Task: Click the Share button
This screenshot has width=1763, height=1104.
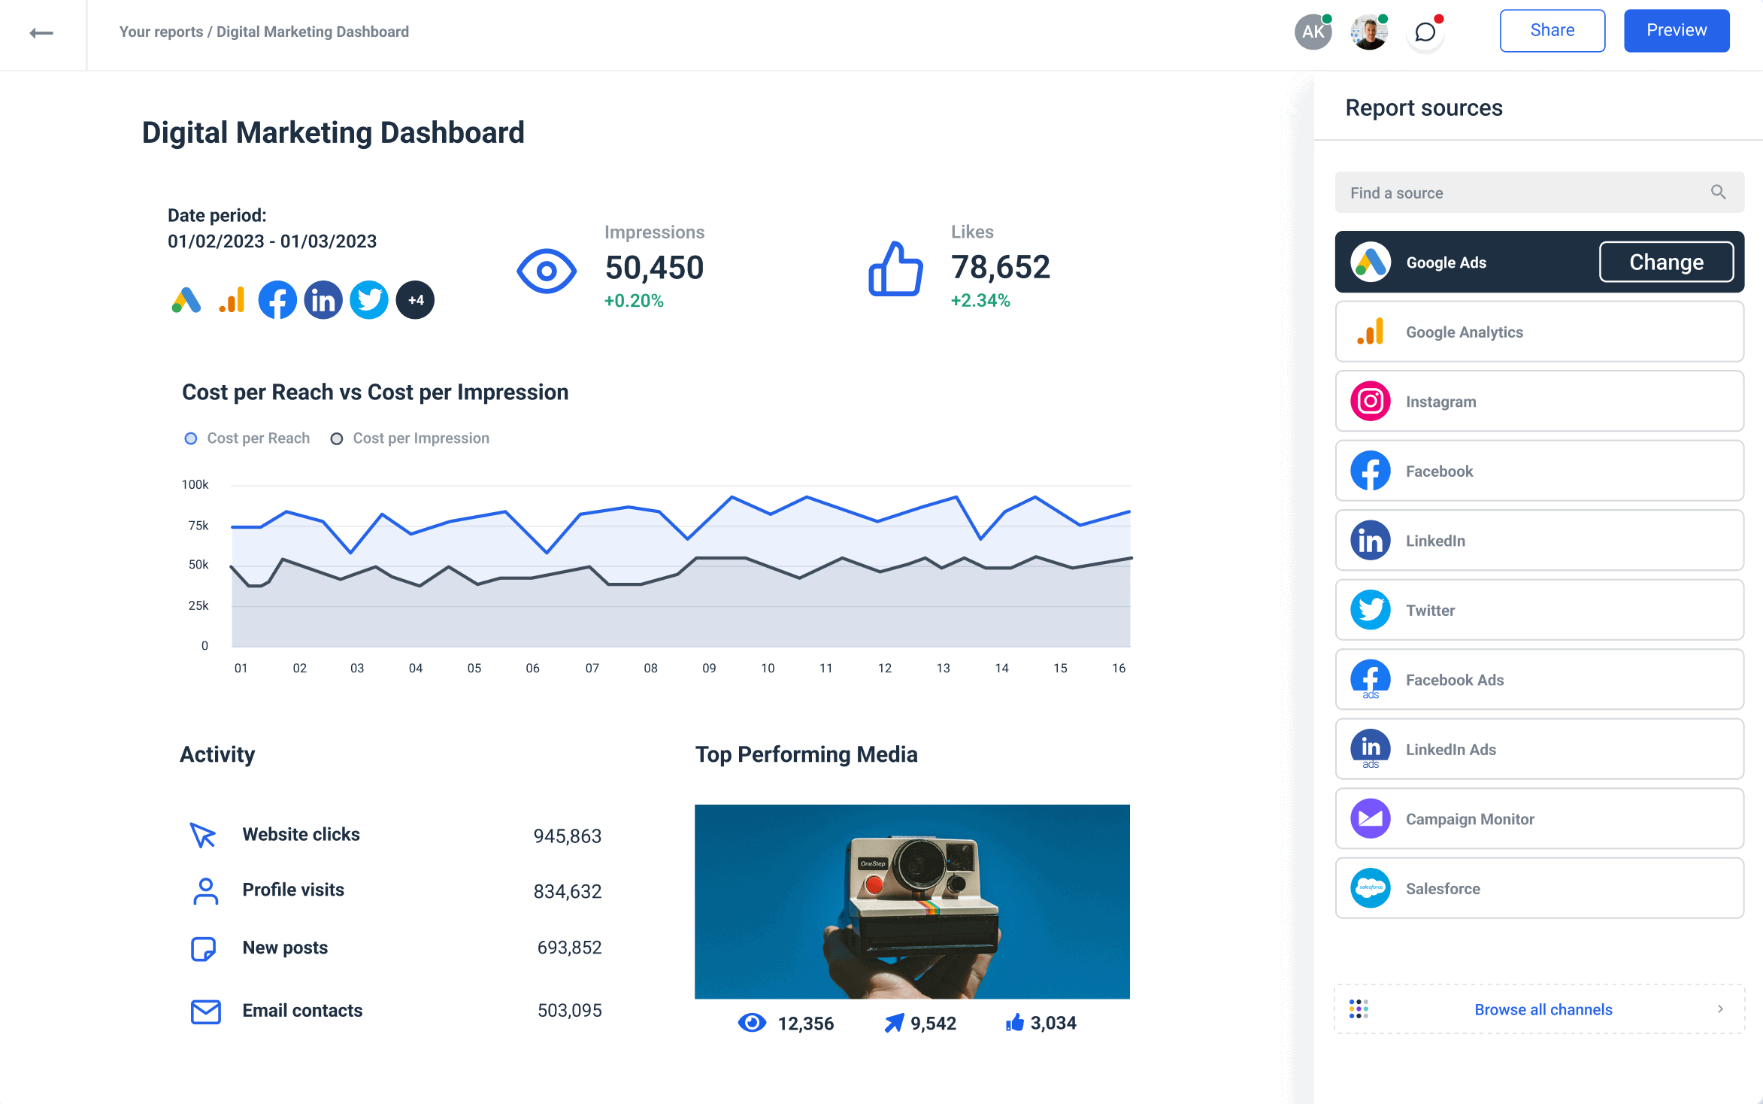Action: pyautogui.click(x=1552, y=31)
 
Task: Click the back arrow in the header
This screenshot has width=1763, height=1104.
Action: pyautogui.click(x=41, y=33)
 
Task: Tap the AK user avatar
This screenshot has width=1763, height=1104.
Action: pyautogui.click(x=1313, y=32)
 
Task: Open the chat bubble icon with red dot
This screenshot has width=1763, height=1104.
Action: pyautogui.click(x=1425, y=32)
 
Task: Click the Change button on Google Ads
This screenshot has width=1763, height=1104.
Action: pyautogui.click(x=1665, y=262)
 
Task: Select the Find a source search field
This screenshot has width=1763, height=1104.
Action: pyautogui.click(x=1526, y=193)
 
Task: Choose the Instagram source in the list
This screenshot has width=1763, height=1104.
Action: pyautogui.click(x=1538, y=402)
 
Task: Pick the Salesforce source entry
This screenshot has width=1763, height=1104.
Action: pyautogui.click(x=1538, y=889)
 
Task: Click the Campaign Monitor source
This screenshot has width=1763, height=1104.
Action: pyautogui.click(x=1538, y=819)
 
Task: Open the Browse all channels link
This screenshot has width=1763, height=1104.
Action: pyautogui.click(x=1543, y=1009)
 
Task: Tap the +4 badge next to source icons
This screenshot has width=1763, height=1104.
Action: pyautogui.click(x=416, y=300)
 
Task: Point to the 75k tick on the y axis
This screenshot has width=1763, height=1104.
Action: pyautogui.click(x=198, y=526)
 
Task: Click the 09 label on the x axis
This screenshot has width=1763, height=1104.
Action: pyautogui.click(x=709, y=668)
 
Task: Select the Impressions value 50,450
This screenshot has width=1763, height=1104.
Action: pyautogui.click(x=654, y=268)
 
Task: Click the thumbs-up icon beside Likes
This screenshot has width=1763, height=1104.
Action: pyautogui.click(x=895, y=269)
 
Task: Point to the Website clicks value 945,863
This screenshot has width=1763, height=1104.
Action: pyautogui.click(x=567, y=836)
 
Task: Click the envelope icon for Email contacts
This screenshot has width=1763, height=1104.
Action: pyautogui.click(x=205, y=1011)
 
